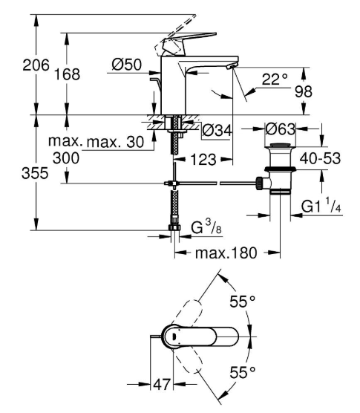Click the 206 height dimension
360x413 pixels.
pyautogui.click(x=36, y=65)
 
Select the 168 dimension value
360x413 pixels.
pyautogui.click(x=67, y=74)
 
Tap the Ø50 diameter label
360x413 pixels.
pyautogui.click(x=127, y=65)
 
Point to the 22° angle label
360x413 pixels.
pyautogui.click(x=275, y=79)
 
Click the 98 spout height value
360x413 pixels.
pyautogui.click(x=304, y=91)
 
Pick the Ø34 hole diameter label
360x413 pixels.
pyautogui.click(x=217, y=130)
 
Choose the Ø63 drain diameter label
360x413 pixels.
pyautogui.click(x=281, y=129)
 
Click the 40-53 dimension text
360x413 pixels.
pyautogui.click(x=320, y=158)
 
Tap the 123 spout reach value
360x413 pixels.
pyautogui.click(x=203, y=160)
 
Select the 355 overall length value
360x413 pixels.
pyautogui.click(x=35, y=173)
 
